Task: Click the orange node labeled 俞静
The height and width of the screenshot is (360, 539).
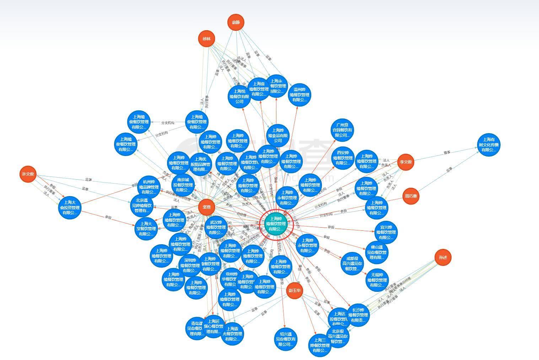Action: [236, 22]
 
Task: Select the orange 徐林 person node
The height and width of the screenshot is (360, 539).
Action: [207, 39]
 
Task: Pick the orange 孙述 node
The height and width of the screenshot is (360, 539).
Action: [443, 257]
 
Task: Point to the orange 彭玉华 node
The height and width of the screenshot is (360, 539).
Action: [295, 290]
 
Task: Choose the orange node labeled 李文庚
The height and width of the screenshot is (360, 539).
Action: [405, 162]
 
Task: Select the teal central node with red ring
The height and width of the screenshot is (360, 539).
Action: [277, 224]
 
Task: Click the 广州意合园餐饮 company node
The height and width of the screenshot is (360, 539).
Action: [343, 130]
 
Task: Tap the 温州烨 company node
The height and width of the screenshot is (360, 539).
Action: [300, 95]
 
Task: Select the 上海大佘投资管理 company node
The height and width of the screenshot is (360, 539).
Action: [70, 207]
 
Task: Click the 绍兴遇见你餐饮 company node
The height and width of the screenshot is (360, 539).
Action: [285, 339]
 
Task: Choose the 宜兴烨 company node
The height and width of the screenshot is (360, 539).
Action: [386, 233]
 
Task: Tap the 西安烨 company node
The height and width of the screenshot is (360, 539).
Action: [343, 158]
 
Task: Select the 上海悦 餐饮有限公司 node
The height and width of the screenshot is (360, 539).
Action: [240, 96]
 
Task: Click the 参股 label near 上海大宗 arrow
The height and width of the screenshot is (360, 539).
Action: [108, 217]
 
